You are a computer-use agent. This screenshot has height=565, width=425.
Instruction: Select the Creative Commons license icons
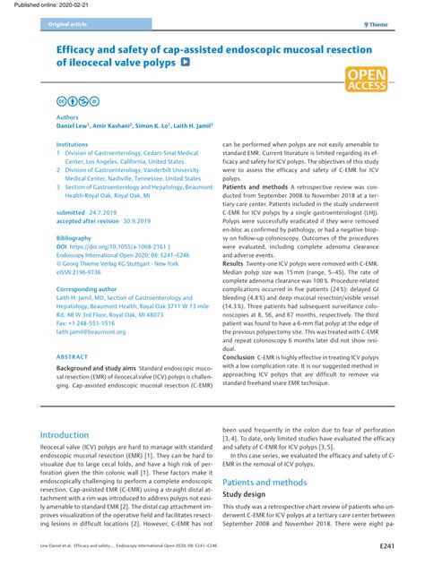tap(77, 101)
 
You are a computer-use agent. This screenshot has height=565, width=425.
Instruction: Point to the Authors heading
tap(67, 117)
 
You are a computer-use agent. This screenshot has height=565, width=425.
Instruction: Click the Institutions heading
tap(73, 143)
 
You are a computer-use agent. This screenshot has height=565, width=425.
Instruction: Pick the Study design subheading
tap(247, 493)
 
